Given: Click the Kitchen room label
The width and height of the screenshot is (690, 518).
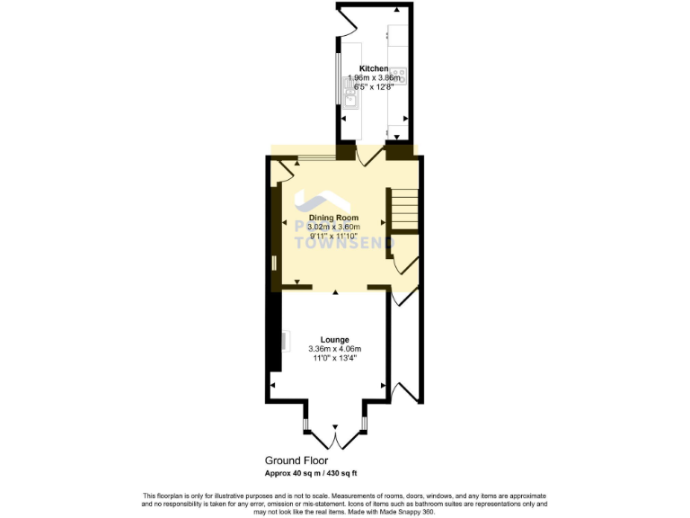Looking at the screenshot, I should (374, 68).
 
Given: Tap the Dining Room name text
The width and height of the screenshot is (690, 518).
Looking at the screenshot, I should (333, 218).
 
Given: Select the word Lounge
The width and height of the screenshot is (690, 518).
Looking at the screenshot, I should (333, 339).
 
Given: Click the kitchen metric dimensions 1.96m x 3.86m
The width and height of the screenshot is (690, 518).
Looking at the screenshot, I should (374, 78).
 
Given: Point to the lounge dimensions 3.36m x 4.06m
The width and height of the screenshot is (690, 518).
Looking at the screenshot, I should (333, 349).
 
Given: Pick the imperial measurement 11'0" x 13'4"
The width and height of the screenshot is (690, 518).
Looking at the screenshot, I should (333, 358).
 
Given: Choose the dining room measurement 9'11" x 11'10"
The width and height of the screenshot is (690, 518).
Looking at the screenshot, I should (333, 237).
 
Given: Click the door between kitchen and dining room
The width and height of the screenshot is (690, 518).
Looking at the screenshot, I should (367, 156).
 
